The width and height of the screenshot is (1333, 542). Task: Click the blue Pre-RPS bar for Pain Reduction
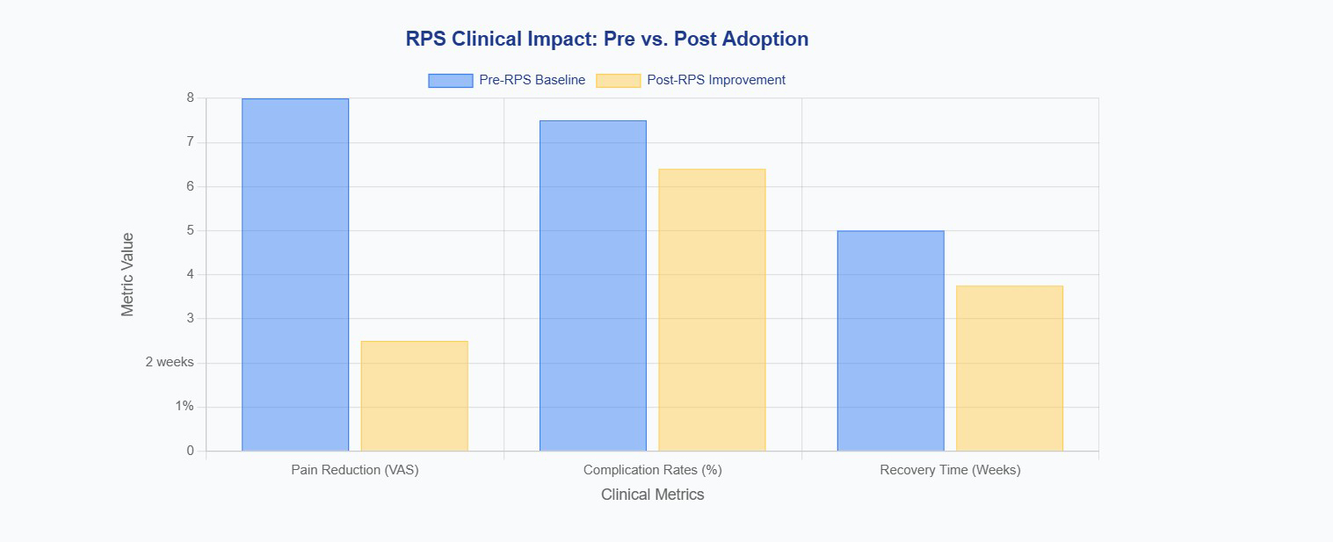point(295,275)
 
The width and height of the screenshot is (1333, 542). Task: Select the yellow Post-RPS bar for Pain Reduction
point(414,396)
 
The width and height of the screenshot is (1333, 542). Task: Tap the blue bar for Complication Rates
point(592,285)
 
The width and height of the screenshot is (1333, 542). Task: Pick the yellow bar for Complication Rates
point(712,310)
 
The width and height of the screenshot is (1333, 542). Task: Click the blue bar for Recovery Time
point(890,341)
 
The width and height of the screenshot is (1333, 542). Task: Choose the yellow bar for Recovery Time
point(1010,368)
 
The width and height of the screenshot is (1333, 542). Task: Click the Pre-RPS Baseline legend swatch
point(450,80)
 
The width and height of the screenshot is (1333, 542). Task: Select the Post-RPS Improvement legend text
point(715,80)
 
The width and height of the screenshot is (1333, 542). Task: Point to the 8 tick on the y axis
point(190,98)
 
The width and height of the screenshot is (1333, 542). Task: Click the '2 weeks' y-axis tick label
point(170,362)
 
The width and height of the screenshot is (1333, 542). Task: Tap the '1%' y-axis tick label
point(184,406)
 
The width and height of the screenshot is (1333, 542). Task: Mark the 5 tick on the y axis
point(190,230)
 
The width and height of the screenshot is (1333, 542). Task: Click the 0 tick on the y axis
point(190,451)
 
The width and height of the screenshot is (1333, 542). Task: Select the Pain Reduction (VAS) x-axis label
point(355,470)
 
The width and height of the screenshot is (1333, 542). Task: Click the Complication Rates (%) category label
point(652,470)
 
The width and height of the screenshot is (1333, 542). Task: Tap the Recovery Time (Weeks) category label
point(950,470)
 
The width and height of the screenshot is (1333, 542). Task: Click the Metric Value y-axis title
point(128,274)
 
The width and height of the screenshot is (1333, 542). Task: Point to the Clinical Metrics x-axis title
point(652,495)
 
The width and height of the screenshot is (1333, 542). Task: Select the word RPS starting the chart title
point(425,40)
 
